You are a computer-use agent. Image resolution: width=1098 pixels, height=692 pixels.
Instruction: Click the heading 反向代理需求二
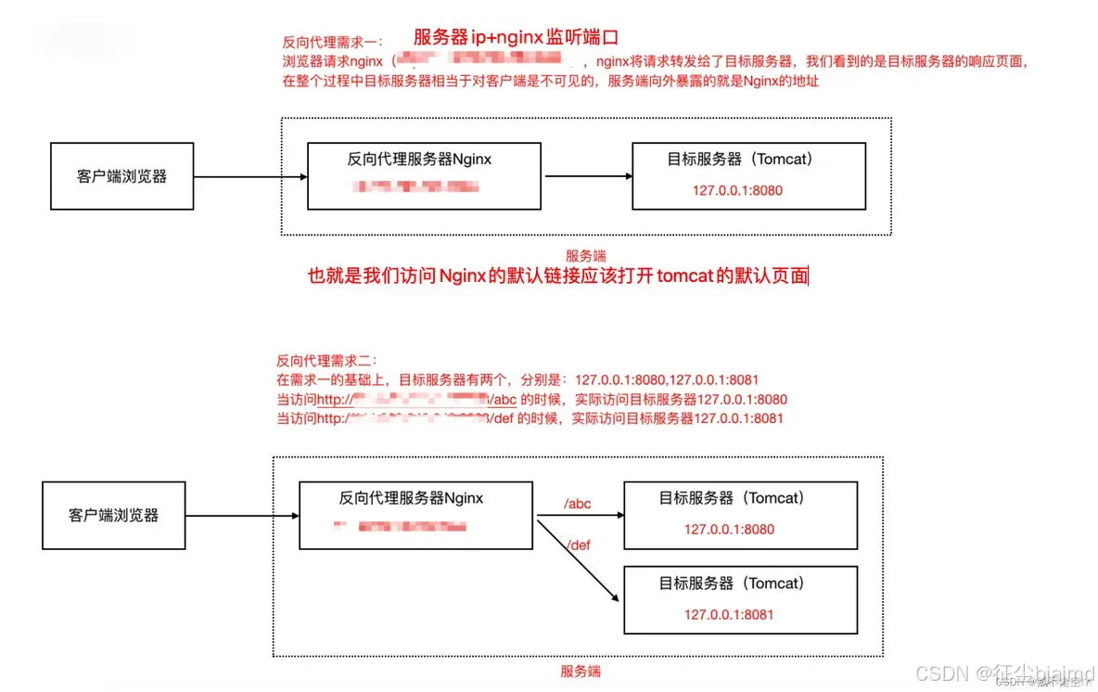coord(326,361)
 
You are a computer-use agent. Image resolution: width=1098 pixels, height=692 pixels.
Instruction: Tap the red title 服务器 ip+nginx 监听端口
coord(516,37)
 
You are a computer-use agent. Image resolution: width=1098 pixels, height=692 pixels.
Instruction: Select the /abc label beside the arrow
coord(578,505)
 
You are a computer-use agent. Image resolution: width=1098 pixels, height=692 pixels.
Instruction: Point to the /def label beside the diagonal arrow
coord(578,545)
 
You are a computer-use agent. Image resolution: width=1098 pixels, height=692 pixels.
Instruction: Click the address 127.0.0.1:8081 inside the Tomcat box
coord(729,614)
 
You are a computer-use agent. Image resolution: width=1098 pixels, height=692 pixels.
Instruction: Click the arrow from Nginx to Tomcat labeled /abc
coord(578,516)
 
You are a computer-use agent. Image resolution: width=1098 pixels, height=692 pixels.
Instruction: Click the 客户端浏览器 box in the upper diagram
coord(121,176)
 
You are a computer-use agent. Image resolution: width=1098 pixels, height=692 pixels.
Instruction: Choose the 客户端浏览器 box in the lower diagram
coord(113,515)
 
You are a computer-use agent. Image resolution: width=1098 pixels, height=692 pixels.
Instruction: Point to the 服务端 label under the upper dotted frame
coord(586,255)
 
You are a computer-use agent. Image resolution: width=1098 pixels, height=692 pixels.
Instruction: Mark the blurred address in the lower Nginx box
coord(401,527)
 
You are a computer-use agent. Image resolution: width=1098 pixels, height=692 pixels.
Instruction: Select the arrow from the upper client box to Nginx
coord(249,176)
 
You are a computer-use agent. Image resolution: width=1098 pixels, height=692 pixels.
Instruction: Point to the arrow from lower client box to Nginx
coord(241,515)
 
